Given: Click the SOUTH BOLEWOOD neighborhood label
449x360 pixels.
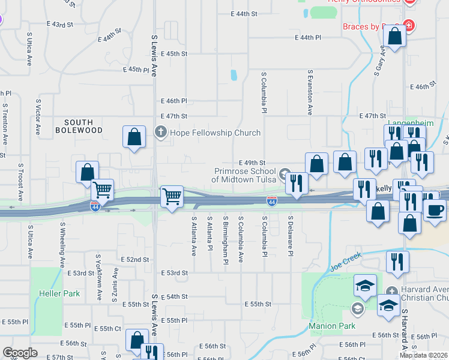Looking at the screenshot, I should click(x=79, y=125).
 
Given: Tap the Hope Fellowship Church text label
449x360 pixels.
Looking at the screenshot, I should click(x=215, y=133).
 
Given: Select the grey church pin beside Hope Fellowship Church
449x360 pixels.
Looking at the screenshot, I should click(x=160, y=132).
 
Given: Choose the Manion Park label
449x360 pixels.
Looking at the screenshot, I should click(x=332, y=326).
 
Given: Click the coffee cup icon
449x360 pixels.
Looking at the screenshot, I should click(x=435, y=209).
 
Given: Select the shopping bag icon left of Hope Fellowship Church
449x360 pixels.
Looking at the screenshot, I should click(x=134, y=136).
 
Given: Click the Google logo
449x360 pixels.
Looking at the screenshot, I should click(x=20, y=353).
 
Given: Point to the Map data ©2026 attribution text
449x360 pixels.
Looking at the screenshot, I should click(x=424, y=355).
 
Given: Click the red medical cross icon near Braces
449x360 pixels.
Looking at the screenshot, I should click(x=409, y=26).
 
